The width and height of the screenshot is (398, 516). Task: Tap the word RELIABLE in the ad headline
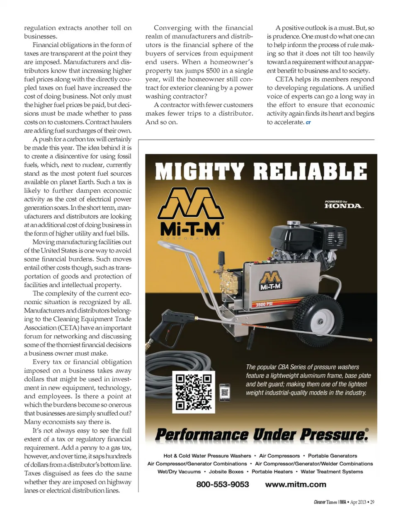[x=310, y=172]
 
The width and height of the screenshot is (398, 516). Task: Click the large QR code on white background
[x=194, y=392]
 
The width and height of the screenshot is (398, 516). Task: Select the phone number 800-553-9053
[x=223, y=484]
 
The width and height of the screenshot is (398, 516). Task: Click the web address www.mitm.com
[x=296, y=484]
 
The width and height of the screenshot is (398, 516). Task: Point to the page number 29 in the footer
[x=372, y=502]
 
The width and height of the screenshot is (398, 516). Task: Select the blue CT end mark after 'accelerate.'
[x=308, y=123]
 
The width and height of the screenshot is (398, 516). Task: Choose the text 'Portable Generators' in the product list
[x=332, y=455]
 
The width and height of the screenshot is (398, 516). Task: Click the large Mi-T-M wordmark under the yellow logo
[x=191, y=229]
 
